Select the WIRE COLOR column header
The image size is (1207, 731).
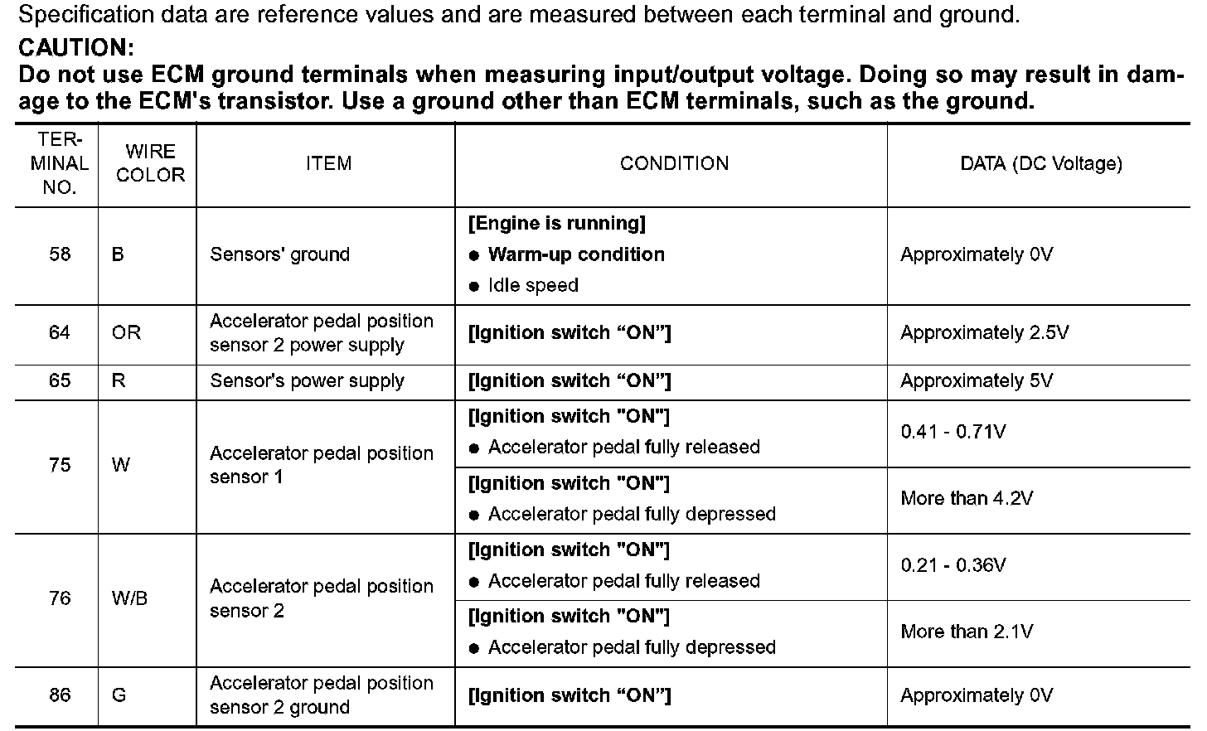click(x=150, y=163)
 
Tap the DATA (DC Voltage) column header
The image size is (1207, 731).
click(x=1041, y=163)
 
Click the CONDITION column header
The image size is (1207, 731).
click(x=674, y=163)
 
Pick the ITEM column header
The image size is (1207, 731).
click(x=328, y=163)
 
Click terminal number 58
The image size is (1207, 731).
click(x=60, y=254)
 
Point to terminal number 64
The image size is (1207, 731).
click(x=60, y=332)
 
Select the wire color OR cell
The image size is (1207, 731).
click(x=126, y=332)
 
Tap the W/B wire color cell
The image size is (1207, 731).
click(x=129, y=598)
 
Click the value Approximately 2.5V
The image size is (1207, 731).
click(x=984, y=332)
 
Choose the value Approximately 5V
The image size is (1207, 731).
click(x=976, y=380)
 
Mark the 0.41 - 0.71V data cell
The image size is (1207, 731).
click(x=953, y=432)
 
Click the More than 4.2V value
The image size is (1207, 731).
click(x=967, y=498)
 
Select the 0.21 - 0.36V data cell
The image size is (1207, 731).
click(x=953, y=565)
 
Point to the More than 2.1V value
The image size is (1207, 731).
click(x=967, y=632)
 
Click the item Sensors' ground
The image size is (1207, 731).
click(x=279, y=254)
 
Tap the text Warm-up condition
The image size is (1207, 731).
click(x=576, y=254)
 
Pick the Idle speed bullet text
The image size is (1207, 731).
click(x=533, y=285)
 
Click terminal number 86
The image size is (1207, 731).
click(x=60, y=695)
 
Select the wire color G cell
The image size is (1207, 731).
click(x=119, y=695)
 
